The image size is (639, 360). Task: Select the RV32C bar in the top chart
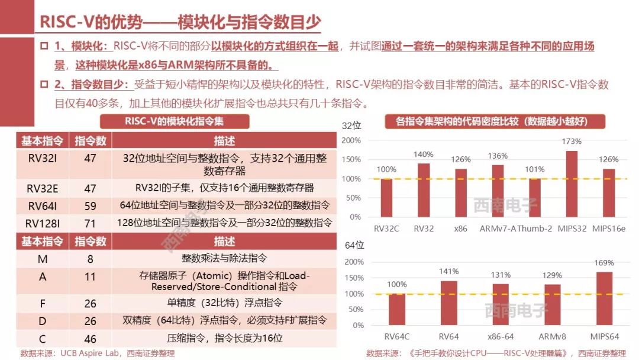386,197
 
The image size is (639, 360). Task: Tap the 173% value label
572,142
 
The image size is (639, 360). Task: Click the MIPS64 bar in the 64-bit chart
604,298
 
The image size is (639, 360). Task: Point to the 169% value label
604,263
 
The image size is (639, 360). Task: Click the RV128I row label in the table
42,223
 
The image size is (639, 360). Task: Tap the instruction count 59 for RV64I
90,205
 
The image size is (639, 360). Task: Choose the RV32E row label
42,188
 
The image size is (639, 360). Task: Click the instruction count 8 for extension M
90,259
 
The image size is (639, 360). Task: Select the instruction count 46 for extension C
90,339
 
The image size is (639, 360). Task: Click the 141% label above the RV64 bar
448,271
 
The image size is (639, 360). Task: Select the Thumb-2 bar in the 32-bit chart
534,197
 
